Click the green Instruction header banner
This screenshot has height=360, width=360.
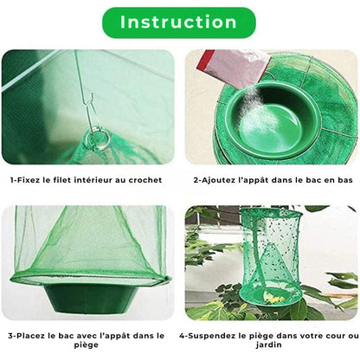[179, 22]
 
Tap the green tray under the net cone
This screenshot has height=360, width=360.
[89, 294]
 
